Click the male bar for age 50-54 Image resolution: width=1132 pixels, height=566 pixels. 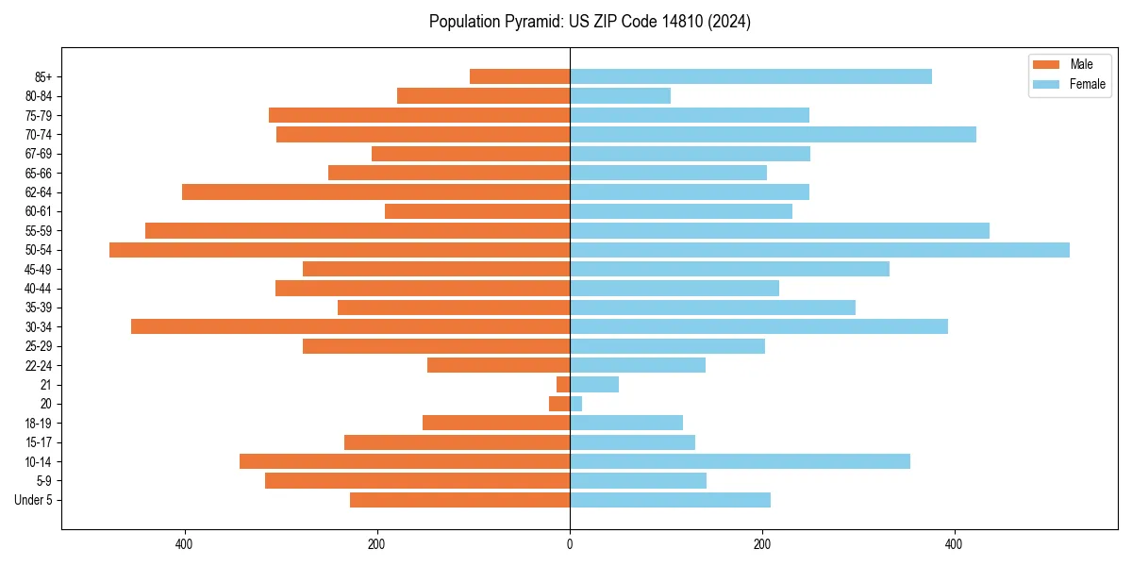point(340,250)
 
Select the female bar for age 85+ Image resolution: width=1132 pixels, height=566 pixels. point(750,76)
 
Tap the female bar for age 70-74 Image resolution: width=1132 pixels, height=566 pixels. point(773,134)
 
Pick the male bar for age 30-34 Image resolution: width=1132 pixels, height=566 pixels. point(350,326)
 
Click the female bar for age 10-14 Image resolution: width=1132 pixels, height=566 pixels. point(740,461)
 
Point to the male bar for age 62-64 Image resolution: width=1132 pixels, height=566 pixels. point(375,191)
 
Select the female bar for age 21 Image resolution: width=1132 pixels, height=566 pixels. point(594,384)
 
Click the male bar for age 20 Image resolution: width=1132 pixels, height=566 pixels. point(559,404)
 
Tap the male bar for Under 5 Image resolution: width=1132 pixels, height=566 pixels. point(459,500)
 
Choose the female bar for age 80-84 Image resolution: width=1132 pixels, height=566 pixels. point(620,95)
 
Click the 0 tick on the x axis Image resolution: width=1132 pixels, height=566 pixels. point(570,544)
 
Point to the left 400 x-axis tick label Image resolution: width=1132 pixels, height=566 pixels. point(184,544)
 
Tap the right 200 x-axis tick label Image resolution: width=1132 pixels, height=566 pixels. point(762,544)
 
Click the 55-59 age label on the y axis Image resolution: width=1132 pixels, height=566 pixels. point(39,230)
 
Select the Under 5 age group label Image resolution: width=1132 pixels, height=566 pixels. point(34,500)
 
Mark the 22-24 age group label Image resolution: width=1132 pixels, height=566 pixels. point(39,365)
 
